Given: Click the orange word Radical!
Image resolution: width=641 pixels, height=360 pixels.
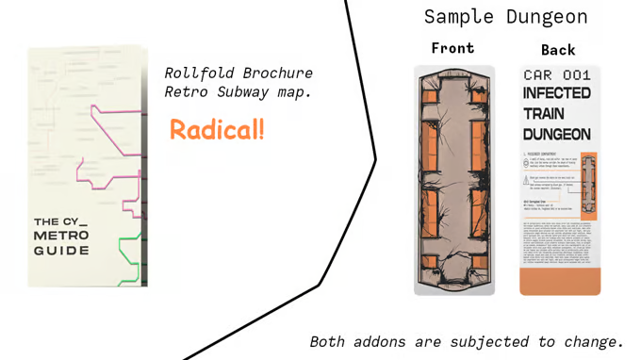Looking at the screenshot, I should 217,130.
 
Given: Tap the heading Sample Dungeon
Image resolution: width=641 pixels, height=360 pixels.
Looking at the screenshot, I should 505,17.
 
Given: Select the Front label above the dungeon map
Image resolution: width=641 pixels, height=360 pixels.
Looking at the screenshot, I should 452,48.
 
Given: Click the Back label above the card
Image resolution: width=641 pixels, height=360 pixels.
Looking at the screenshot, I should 558,49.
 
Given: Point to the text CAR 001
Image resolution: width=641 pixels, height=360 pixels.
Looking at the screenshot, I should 557,74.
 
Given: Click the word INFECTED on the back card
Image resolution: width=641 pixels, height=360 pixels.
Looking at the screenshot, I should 557,93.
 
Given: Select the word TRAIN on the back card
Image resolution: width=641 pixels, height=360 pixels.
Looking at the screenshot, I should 545,113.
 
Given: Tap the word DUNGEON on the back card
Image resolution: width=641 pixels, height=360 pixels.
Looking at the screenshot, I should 557,134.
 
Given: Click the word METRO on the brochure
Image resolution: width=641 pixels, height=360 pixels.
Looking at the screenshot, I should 61,235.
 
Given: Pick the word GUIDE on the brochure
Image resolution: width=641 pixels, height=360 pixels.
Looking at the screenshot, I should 62,251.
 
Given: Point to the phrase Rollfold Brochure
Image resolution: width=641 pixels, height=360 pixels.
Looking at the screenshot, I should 238,74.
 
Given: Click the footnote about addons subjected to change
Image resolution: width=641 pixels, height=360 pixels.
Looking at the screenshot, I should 467,340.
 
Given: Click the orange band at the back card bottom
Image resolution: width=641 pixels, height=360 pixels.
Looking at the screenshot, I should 560,279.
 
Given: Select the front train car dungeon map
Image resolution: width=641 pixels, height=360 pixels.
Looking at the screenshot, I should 454,179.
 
